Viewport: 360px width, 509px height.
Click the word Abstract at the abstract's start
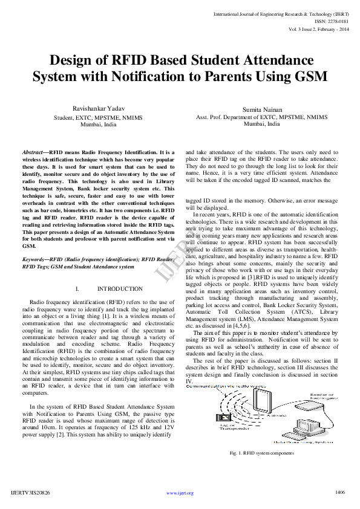(32, 153)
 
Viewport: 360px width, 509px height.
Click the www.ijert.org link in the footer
(180, 493)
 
